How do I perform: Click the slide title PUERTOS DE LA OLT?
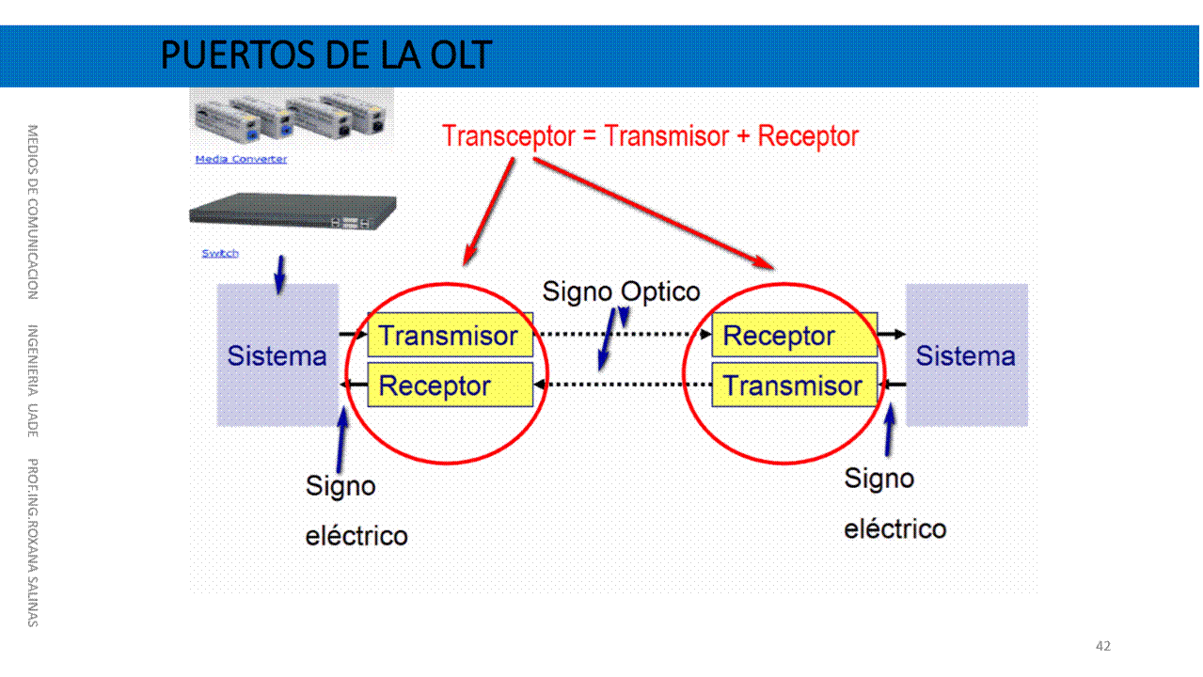pos(325,55)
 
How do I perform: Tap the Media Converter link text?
pos(241,159)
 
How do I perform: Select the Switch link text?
pos(220,253)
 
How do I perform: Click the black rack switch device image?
pos(292,213)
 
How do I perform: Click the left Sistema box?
pos(277,355)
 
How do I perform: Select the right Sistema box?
pos(966,355)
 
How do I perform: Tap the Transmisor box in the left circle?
pos(449,336)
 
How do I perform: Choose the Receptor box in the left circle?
pos(449,386)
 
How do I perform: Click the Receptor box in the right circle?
pos(793,336)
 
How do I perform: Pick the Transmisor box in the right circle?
pos(793,386)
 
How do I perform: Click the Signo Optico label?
pos(621,291)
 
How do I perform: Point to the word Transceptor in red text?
pos(508,136)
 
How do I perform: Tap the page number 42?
pos(1103,646)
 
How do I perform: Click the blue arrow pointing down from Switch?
pos(278,274)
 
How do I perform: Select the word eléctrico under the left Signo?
pos(356,536)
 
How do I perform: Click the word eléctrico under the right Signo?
pos(894,528)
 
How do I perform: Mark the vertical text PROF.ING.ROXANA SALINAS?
pos(32,542)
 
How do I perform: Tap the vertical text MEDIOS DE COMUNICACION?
pos(32,212)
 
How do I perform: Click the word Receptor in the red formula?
pos(808,136)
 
